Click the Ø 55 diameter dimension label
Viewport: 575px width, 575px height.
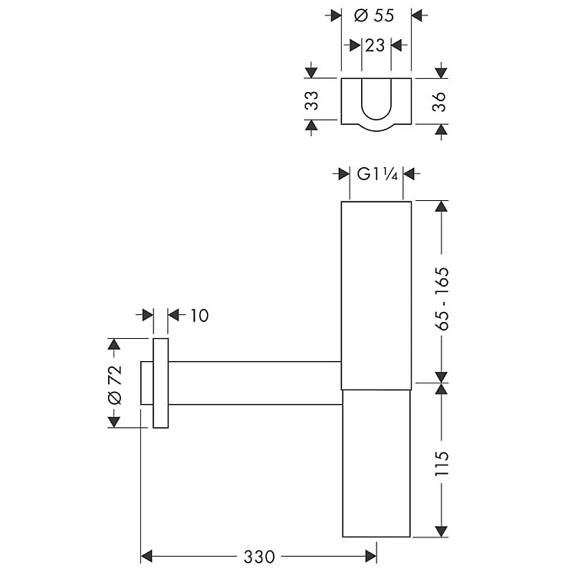pos(374,15)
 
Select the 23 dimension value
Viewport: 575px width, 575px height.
pos(375,46)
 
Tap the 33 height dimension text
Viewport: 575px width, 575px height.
pos(312,100)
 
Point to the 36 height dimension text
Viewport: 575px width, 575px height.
pos(439,101)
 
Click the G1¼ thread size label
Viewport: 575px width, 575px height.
pos(377,174)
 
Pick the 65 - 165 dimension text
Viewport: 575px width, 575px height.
pos(442,299)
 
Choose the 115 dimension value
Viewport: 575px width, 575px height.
pos(442,464)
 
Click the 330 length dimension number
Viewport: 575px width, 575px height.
pos(259,557)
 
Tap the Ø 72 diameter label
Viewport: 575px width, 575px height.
pos(116,385)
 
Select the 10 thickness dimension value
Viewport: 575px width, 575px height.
pos(199,315)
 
